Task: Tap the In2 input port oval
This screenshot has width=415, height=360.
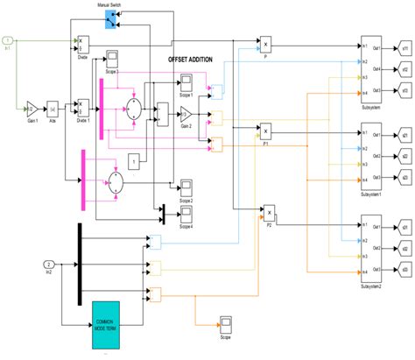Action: point(50,264)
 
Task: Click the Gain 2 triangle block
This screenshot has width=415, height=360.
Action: point(186,113)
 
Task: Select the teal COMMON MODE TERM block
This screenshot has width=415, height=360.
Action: point(110,316)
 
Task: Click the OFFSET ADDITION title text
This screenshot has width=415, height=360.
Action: point(194,59)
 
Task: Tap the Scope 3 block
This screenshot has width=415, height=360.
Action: point(113,58)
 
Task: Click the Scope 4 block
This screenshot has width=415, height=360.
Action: point(185,214)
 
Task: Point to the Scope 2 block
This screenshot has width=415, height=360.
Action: point(185,186)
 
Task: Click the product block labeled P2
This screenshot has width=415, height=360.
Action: point(270,212)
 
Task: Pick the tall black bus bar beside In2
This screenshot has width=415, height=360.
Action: point(80,260)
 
